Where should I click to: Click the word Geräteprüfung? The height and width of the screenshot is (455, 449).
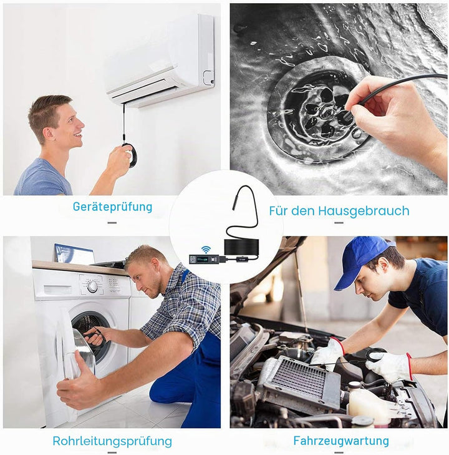click(112, 207)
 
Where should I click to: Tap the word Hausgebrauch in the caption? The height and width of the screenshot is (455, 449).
click(364, 211)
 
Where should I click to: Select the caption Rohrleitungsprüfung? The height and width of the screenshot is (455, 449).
click(112, 441)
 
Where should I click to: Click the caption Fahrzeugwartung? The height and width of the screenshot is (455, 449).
click(341, 441)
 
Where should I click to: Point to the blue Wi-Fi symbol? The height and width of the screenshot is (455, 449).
click(206, 249)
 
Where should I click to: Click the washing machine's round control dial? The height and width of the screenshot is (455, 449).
click(92, 286)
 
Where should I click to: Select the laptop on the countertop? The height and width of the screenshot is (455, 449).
click(75, 254)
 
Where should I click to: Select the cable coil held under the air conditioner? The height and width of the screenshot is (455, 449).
click(130, 155)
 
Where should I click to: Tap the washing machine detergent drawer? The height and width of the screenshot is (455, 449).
click(57, 290)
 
